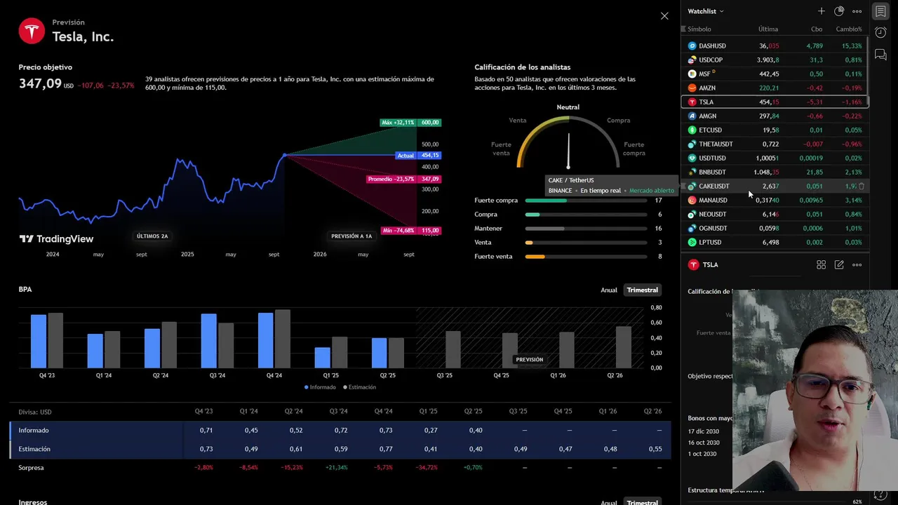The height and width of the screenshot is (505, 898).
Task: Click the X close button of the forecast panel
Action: click(x=664, y=15)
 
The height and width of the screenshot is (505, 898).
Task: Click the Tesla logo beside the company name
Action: click(x=32, y=32)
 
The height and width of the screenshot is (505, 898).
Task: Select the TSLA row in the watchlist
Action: click(x=775, y=102)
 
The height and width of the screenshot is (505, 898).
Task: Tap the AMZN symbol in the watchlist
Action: click(x=707, y=88)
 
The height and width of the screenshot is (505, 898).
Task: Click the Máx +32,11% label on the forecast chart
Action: click(x=398, y=123)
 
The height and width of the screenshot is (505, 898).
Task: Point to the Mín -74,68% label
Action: click(x=398, y=231)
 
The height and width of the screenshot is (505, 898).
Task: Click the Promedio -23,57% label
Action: click(x=391, y=179)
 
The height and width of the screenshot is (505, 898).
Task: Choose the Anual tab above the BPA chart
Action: click(x=608, y=290)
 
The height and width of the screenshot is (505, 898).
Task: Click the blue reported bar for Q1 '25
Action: click(x=322, y=358)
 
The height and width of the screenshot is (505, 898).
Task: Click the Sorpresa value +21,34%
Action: click(x=337, y=468)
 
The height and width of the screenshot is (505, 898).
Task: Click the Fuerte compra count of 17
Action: click(x=658, y=201)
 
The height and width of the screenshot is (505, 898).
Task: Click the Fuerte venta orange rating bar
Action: click(x=535, y=257)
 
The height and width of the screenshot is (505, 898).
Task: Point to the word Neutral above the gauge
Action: click(x=568, y=107)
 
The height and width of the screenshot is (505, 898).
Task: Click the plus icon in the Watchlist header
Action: click(x=821, y=11)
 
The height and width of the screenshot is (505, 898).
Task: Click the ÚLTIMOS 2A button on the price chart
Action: click(x=152, y=236)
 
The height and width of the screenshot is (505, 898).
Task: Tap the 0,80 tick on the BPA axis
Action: click(x=656, y=308)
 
